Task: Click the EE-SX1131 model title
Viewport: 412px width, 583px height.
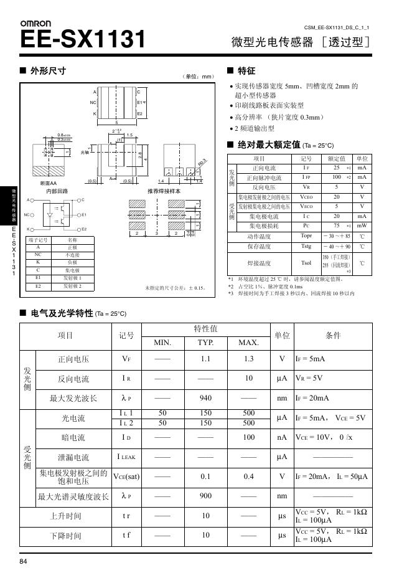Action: [x=83, y=40]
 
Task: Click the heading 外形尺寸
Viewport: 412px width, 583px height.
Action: [x=48, y=71]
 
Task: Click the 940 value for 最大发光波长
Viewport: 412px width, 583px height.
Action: [x=205, y=398]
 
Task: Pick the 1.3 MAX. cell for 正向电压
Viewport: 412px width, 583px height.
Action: [x=249, y=359]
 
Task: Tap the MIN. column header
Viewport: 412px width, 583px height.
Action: [x=162, y=343]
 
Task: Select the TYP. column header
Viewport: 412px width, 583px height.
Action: [x=205, y=343]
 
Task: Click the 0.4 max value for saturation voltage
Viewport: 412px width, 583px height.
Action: [x=249, y=476]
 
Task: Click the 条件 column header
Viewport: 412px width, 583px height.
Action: [x=333, y=335]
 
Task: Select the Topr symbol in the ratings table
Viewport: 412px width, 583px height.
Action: [x=306, y=236]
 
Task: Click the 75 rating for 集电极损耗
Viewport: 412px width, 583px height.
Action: [x=336, y=225]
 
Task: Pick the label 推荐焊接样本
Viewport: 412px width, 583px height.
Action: [x=164, y=191]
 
